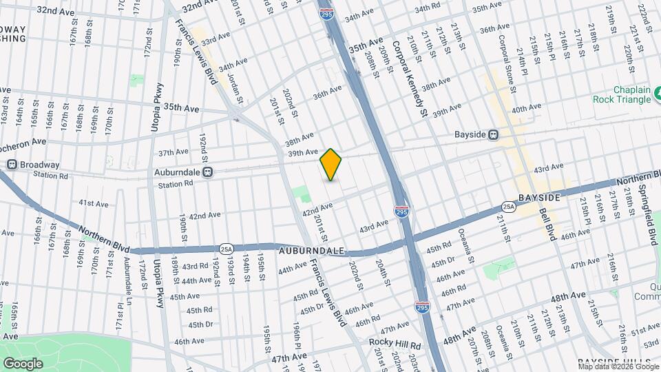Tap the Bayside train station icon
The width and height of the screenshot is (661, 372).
pos(493,135)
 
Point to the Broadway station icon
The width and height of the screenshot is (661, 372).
pos(12,165)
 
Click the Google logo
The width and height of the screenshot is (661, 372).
pos(23,363)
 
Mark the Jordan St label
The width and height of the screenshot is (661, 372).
pos(235,88)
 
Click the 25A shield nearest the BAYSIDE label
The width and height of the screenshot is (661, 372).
pos(508,206)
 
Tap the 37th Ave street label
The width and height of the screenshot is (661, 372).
pos(173,152)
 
